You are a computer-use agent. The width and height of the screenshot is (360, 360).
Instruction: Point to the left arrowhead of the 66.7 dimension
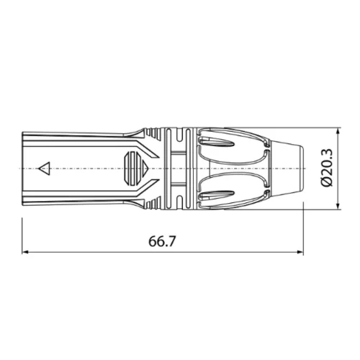tap(27, 253)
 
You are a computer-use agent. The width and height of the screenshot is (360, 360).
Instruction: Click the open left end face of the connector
tap(24, 168)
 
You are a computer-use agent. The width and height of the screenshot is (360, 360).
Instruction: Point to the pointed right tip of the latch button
tap(148, 169)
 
